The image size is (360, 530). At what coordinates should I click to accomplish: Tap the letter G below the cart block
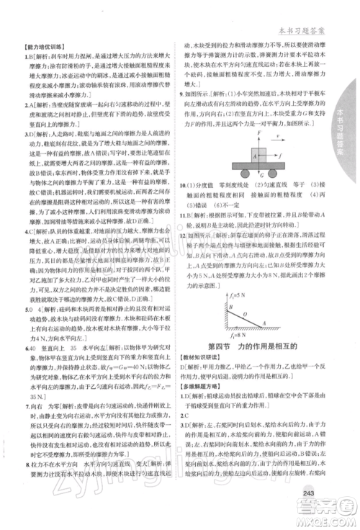(x=258, y=178)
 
